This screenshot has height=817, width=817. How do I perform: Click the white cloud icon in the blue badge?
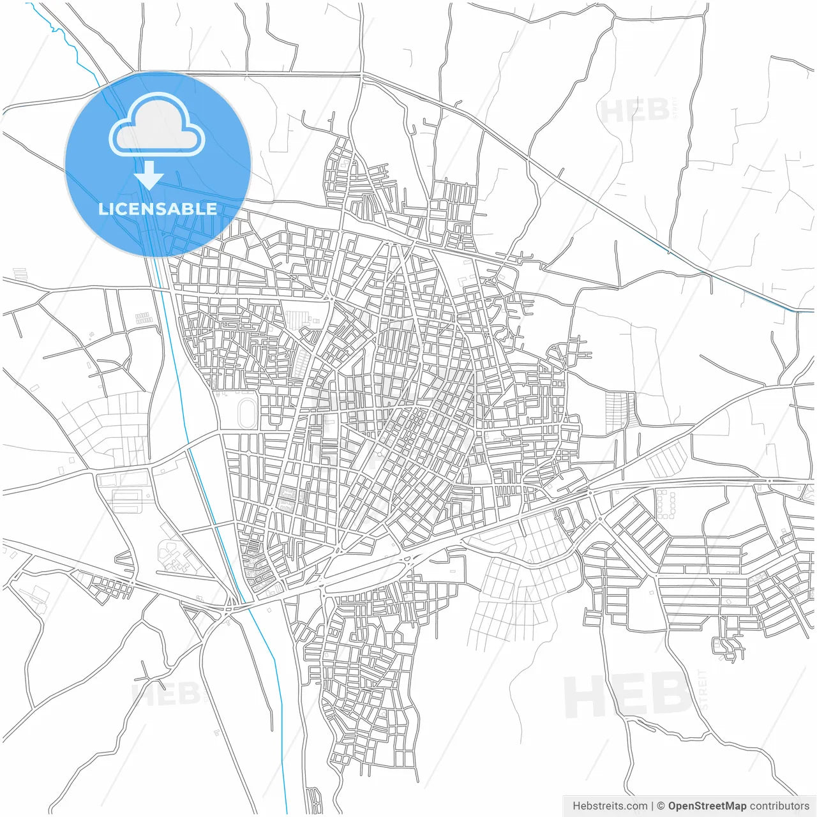coord(156,128)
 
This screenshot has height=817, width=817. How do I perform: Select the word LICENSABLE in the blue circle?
coord(157,209)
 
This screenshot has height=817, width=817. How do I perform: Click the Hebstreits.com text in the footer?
coord(610,806)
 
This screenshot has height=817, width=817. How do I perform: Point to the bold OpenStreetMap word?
coord(707,806)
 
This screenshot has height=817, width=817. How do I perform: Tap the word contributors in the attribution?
coord(779,806)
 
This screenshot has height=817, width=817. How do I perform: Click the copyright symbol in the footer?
coord(661,806)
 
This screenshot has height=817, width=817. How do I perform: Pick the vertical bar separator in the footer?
coord(652,806)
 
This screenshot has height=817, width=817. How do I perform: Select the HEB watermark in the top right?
coord(634,112)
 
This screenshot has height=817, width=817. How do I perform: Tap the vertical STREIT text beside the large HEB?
coord(703,689)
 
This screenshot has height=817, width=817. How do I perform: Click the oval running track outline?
coord(246,413)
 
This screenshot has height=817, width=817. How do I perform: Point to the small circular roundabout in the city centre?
coord(380,454)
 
